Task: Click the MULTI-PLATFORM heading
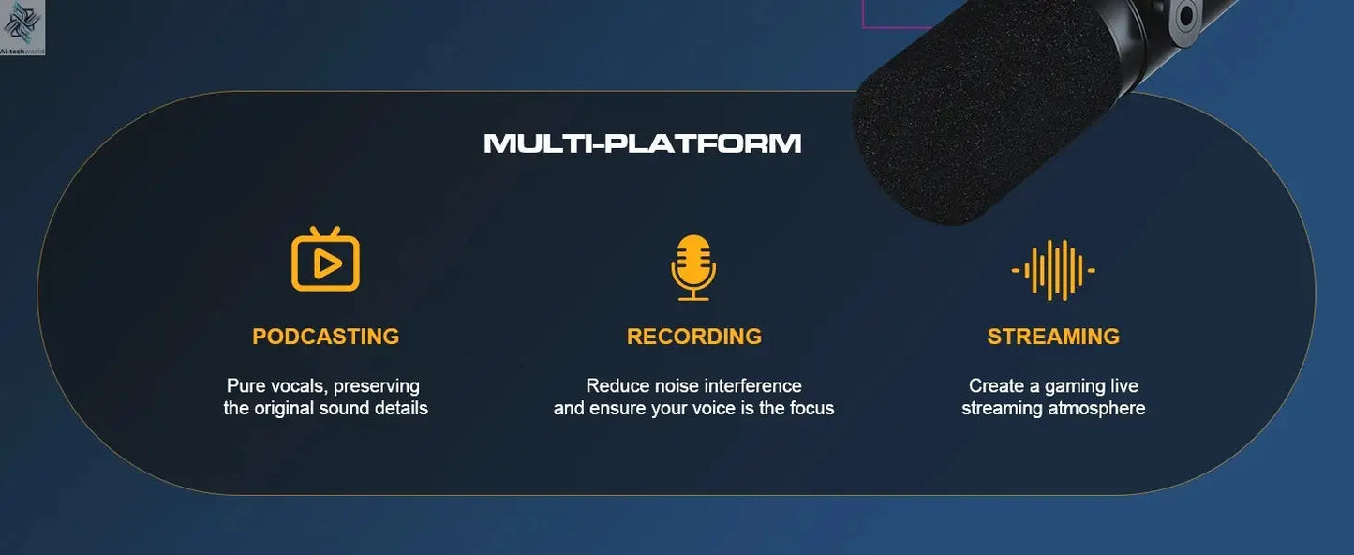[x=642, y=143]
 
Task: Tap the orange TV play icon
[x=325, y=261]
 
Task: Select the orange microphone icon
[x=693, y=267]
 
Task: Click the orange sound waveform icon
[x=1053, y=270]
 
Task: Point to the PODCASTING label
[x=325, y=337]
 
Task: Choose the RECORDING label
[x=693, y=337]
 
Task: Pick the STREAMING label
[x=1053, y=337]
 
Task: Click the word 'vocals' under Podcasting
[x=297, y=386]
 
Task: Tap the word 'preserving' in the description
[x=377, y=386]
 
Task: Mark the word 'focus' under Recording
[x=811, y=409]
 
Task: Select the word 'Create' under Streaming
[x=996, y=386]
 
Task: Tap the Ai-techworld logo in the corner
[x=22, y=27]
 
